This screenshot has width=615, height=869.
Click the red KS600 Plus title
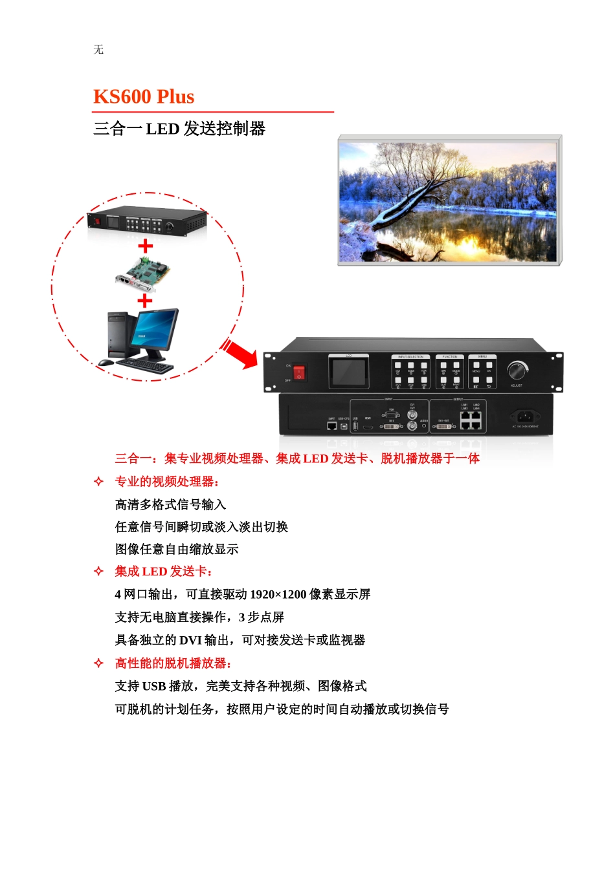click(x=144, y=97)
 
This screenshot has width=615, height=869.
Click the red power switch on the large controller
click(x=298, y=372)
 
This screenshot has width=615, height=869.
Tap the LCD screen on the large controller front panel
click(x=348, y=372)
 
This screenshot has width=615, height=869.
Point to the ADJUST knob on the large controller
click(x=517, y=371)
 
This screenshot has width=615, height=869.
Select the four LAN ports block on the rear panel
click(x=471, y=421)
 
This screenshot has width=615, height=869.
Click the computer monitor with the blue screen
click(x=155, y=330)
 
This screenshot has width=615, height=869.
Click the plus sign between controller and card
click(x=146, y=246)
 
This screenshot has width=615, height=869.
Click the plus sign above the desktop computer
click(x=145, y=301)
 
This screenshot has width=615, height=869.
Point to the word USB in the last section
click(x=154, y=686)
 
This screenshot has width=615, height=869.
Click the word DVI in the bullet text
click(x=190, y=640)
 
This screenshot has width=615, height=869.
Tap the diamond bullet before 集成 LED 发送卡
click(x=98, y=571)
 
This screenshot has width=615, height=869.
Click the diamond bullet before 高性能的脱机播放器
click(x=98, y=663)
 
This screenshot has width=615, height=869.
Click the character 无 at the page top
click(x=98, y=50)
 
